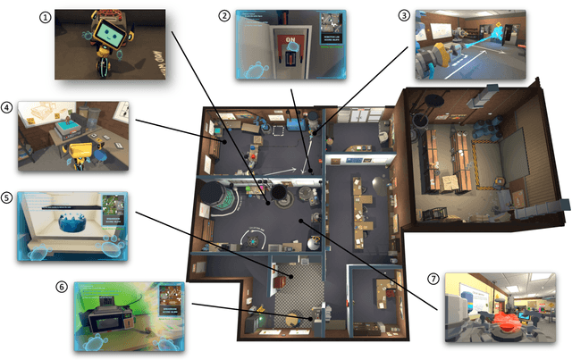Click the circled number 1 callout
45,15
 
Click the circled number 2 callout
224,15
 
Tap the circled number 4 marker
8,108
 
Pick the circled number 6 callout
61,287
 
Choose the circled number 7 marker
433,280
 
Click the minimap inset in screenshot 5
113,207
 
